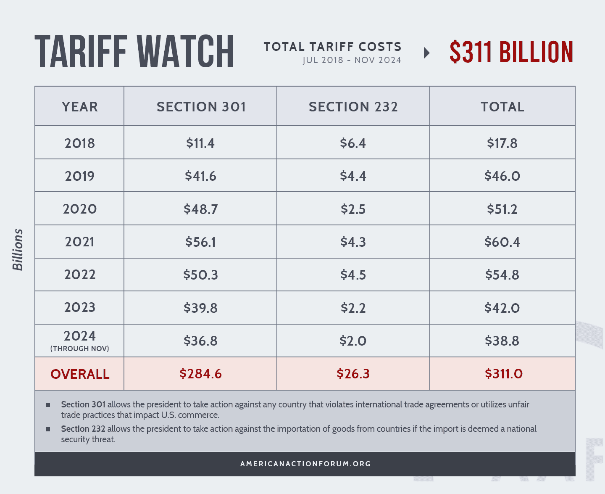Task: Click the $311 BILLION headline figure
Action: [x=511, y=53]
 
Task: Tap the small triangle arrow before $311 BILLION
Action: [x=426, y=53]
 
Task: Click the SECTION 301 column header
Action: [x=201, y=107]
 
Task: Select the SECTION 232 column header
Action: [x=353, y=107]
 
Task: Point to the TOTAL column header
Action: [x=502, y=107]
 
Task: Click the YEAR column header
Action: [x=79, y=107]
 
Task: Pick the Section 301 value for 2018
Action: [x=200, y=143]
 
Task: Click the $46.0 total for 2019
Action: [x=502, y=176]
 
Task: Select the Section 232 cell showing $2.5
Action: [x=353, y=209]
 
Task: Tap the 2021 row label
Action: [x=79, y=242]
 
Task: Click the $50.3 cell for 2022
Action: [x=200, y=275]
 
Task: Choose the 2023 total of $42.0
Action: [x=502, y=308]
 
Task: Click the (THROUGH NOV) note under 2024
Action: [x=79, y=349]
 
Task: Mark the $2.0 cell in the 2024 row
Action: [x=353, y=341]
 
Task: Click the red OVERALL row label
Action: [x=80, y=374]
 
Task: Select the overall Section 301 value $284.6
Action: [x=200, y=373]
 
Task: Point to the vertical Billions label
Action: [x=18, y=250]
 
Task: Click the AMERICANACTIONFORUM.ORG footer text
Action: [x=305, y=464]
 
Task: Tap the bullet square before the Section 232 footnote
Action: [x=48, y=429]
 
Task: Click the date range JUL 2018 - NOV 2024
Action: [x=352, y=60]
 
